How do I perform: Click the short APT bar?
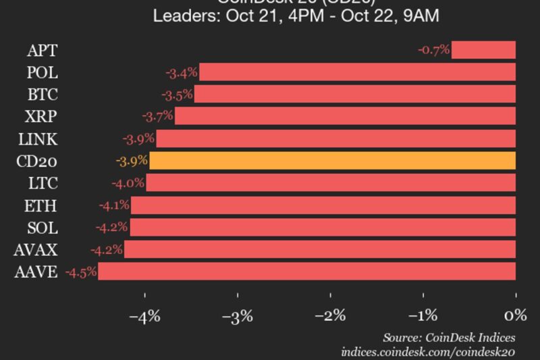coord(483,50)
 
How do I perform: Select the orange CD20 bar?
coord(332,161)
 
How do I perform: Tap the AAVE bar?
coord(306,272)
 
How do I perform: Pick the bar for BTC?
coord(354,95)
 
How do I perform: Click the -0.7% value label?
coord(433,50)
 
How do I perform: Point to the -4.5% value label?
coord(81,272)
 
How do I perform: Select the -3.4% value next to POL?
coord(182,72)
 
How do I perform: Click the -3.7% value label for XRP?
coord(157,117)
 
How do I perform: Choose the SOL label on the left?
coord(42,228)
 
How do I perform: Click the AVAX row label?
coord(36,250)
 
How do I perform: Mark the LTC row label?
coord(43,183)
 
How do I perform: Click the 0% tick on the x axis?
coord(515,315)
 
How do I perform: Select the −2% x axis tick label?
coord(330,315)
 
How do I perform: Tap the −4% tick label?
coord(145,315)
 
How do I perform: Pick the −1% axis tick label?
coord(423,315)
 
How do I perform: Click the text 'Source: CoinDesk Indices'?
coord(449,337)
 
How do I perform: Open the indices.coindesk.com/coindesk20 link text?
coord(428,352)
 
